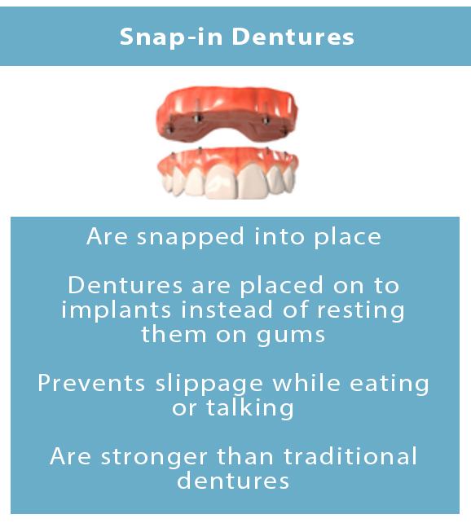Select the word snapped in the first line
pyautogui.click(x=188, y=237)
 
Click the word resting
pyautogui.click(x=363, y=311)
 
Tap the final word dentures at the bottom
pyautogui.click(x=236, y=480)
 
